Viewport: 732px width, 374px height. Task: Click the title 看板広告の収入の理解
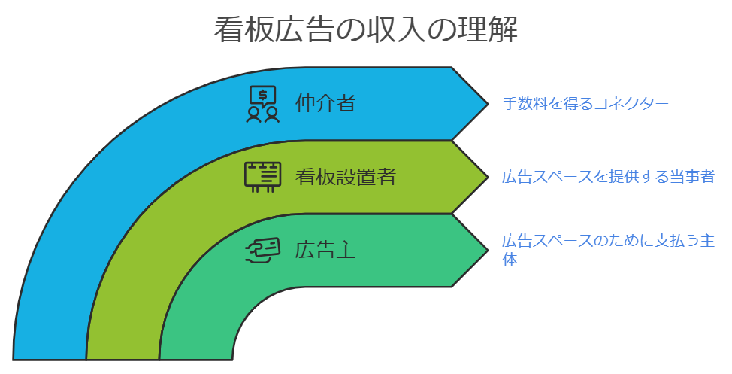click(365, 30)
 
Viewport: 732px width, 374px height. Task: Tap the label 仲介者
click(325, 103)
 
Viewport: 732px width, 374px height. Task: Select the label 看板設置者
click(346, 176)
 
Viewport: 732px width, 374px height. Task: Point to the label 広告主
click(325, 249)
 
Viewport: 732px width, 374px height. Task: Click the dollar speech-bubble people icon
click(263, 104)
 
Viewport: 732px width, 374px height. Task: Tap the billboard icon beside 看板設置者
click(263, 177)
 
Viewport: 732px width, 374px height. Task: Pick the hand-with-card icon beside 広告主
click(263, 251)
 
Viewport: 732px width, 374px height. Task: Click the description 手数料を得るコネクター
click(585, 103)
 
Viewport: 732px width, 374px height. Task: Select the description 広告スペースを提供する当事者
click(608, 176)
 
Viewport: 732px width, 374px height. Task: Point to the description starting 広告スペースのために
click(608, 250)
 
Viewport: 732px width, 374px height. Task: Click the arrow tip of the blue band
click(488, 103)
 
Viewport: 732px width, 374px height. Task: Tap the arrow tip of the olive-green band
click(488, 177)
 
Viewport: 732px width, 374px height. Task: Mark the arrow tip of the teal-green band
click(488, 250)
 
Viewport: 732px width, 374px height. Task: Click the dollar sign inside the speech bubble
click(263, 95)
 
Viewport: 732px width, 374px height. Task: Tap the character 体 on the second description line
click(510, 259)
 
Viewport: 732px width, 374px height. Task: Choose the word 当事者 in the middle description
click(692, 176)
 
